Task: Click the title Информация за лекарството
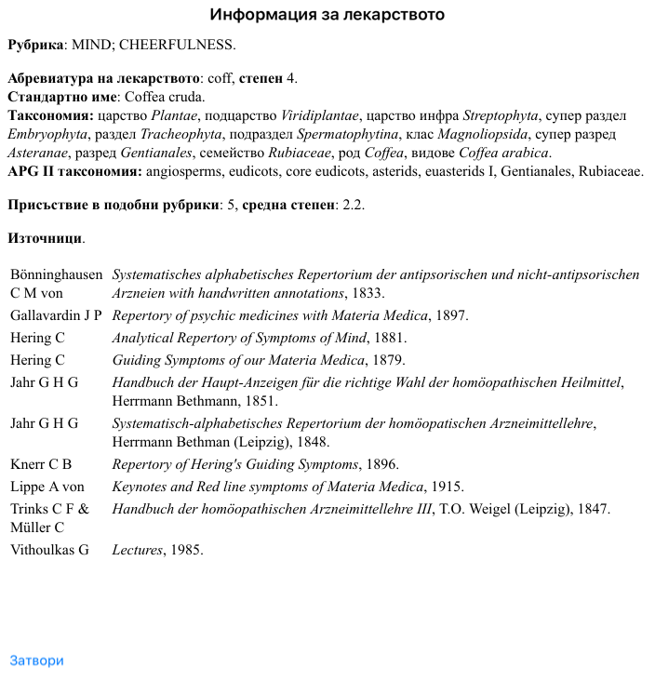(327, 15)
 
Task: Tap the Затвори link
(36, 661)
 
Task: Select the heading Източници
(45, 238)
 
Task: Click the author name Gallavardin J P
(56, 315)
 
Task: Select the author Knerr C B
(41, 464)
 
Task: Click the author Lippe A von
(47, 487)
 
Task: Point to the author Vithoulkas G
(49, 550)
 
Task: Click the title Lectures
(137, 550)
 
